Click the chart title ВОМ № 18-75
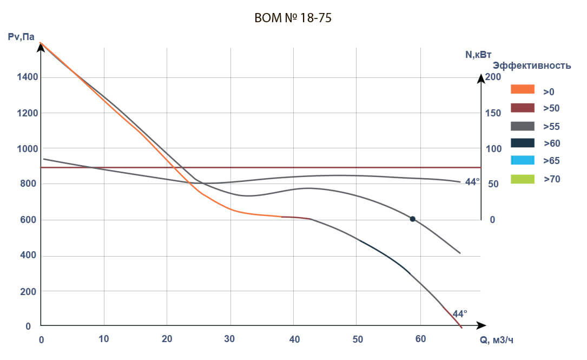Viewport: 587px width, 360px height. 293,18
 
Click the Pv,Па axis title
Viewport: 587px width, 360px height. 22,37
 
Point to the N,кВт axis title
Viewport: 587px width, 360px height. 478,55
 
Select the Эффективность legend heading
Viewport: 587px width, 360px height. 532,66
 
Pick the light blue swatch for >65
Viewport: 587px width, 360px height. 522,160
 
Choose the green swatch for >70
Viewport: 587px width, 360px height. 522,178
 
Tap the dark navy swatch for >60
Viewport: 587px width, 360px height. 522,143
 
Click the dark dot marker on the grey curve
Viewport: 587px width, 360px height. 413,219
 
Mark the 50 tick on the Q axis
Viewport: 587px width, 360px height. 357,339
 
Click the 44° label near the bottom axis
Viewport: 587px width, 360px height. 459,313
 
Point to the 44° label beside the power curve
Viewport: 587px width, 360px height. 472,182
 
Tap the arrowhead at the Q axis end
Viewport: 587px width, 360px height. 481,326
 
